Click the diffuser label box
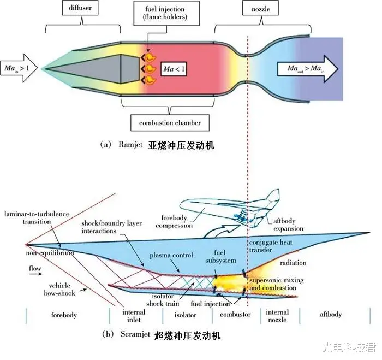(80, 8)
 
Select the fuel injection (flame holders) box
(166, 13)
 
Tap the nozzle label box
(261, 9)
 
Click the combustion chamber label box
(170, 123)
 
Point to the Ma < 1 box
(174, 69)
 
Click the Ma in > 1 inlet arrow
(19, 68)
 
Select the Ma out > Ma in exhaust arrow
(307, 69)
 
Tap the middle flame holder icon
(148, 69)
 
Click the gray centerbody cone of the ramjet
(92, 69)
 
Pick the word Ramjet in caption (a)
(130, 145)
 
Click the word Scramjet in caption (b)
(135, 334)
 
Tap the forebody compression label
(174, 221)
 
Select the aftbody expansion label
(288, 225)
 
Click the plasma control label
(171, 255)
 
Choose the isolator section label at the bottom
(186, 315)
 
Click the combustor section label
(235, 315)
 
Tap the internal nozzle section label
(277, 316)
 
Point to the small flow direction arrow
(36, 274)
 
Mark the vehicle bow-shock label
(59, 290)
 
